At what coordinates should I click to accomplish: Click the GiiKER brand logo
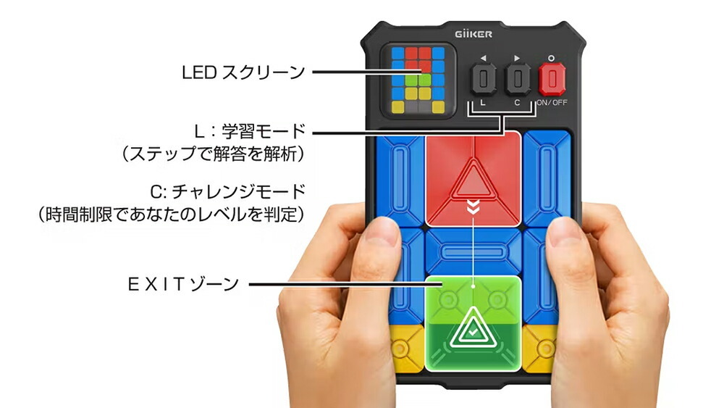473,34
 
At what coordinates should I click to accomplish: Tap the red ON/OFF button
552,79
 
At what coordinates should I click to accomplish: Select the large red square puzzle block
473,179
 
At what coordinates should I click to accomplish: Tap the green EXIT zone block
473,323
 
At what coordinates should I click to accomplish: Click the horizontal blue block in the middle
473,252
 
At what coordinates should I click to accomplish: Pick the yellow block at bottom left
405,348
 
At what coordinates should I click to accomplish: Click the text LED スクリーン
243,72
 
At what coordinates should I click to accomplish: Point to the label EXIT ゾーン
183,283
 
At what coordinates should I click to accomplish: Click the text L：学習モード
250,131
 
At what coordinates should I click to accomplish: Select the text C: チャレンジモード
227,191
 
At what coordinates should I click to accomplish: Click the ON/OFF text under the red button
552,103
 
